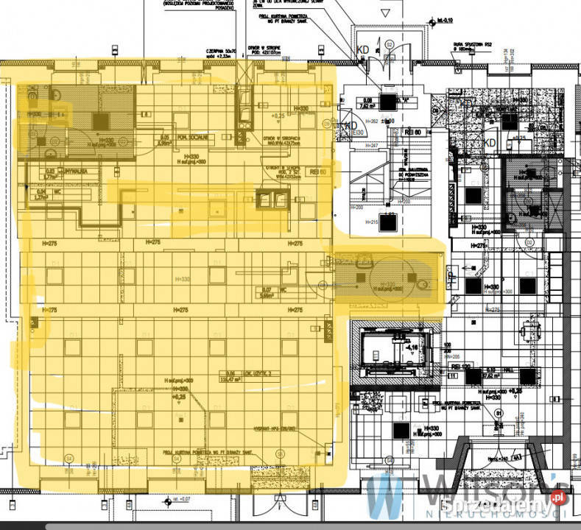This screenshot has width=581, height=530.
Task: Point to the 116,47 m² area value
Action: coord(240,380)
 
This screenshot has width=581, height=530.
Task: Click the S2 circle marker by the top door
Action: coord(388,44)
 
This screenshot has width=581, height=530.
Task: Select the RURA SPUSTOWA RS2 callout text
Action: coord(472,45)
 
